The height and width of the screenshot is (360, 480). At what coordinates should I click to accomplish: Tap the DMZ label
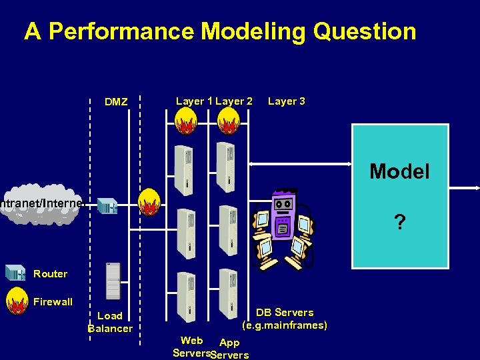[x=116, y=102]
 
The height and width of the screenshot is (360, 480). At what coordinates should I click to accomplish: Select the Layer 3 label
[x=287, y=101]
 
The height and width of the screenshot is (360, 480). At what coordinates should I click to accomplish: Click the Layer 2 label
[x=234, y=101]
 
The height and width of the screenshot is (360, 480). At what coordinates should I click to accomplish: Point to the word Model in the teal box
[x=399, y=171]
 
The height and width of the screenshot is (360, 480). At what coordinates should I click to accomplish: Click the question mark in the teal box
[x=399, y=222]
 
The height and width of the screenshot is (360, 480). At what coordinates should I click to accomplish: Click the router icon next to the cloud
[x=107, y=206]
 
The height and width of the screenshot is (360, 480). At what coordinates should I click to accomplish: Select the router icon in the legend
[x=15, y=273]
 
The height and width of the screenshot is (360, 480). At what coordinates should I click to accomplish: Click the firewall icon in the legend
[x=16, y=301]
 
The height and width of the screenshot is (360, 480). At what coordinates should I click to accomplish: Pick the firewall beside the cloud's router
[x=149, y=202]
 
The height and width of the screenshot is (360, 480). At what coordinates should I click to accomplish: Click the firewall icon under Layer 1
[x=185, y=121]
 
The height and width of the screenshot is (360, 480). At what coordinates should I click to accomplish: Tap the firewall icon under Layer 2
[x=229, y=121]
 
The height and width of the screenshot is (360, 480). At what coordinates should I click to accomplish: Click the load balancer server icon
[x=113, y=280]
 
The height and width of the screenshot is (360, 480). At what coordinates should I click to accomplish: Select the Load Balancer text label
[x=110, y=321]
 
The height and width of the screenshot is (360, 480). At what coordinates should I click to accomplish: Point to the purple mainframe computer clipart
[x=283, y=227]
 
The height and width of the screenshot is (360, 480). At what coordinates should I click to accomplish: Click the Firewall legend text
[x=53, y=301]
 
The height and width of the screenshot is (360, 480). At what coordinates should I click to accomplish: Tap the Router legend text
[x=50, y=273]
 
